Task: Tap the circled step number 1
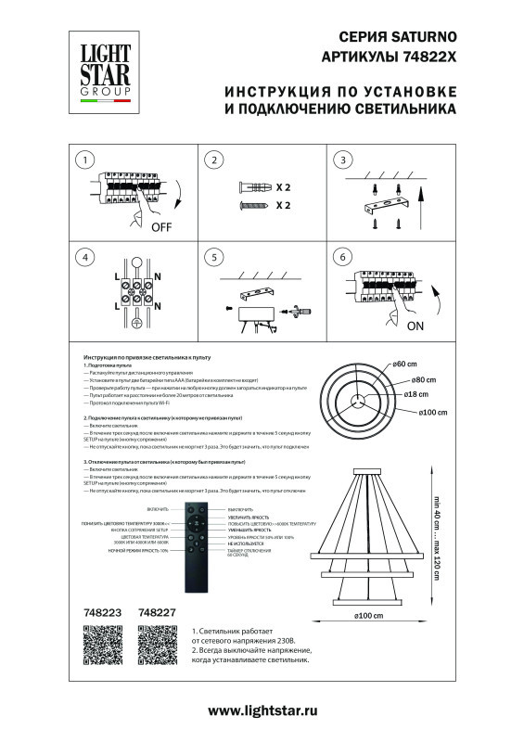click(x=85, y=160)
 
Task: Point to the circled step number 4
click(x=85, y=257)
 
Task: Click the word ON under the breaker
click(x=415, y=326)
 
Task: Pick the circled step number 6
click(x=343, y=257)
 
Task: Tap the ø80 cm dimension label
click(x=424, y=379)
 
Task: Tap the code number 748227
click(x=156, y=612)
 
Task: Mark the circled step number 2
click(x=214, y=160)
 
